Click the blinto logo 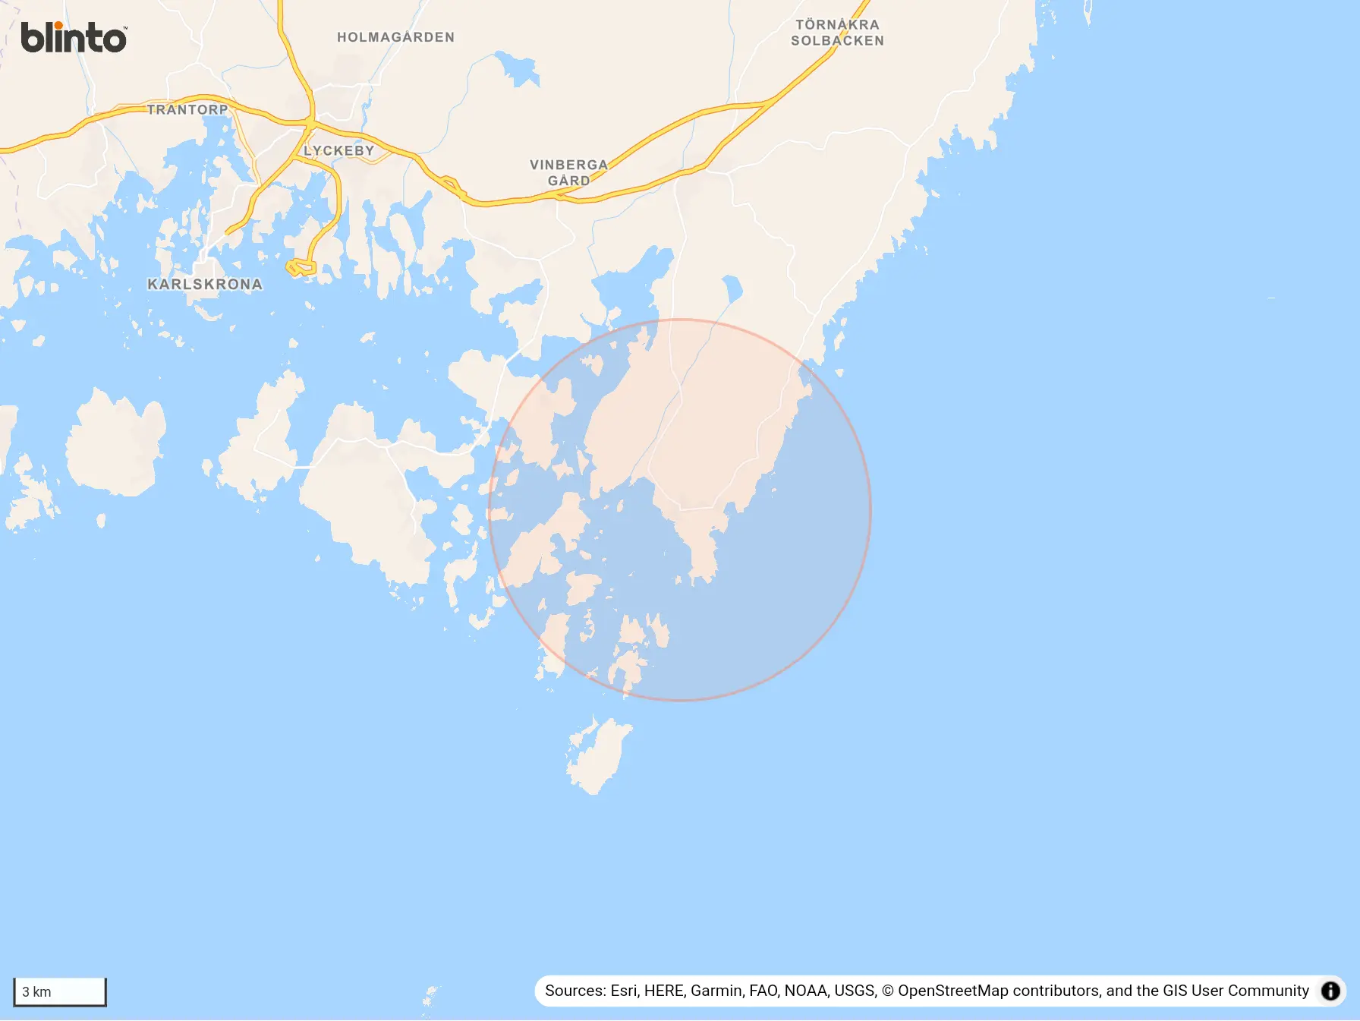[x=73, y=37]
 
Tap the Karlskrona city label [x=204, y=285]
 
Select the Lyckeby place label [x=338, y=150]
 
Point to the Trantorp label [x=187, y=109]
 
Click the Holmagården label [x=395, y=37]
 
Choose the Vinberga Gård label [x=568, y=172]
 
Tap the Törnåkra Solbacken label [x=837, y=33]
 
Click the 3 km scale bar [x=60, y=991]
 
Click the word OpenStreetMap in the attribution [x=952, y=991]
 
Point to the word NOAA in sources [x=806, y=991]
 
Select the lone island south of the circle [x=599, y=755]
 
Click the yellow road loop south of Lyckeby [x=301, y=267]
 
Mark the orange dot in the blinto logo [x=59, y=26]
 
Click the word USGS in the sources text [x=855, y=991]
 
